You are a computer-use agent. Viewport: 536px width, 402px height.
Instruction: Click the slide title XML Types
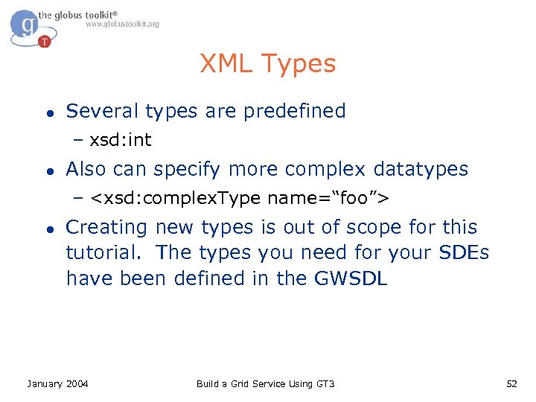[267, 64]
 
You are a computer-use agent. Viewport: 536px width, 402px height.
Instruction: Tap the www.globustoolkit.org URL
[122, 25]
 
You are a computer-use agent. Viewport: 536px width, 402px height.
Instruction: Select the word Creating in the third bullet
[107, 227]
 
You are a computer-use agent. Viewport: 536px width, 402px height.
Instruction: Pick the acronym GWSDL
[351, 278]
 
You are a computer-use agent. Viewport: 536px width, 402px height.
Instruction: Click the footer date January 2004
[57, 383]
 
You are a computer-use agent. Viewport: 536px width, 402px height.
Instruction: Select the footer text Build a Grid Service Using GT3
[265, 383]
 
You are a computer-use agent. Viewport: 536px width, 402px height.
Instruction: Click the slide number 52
[511, 383]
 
